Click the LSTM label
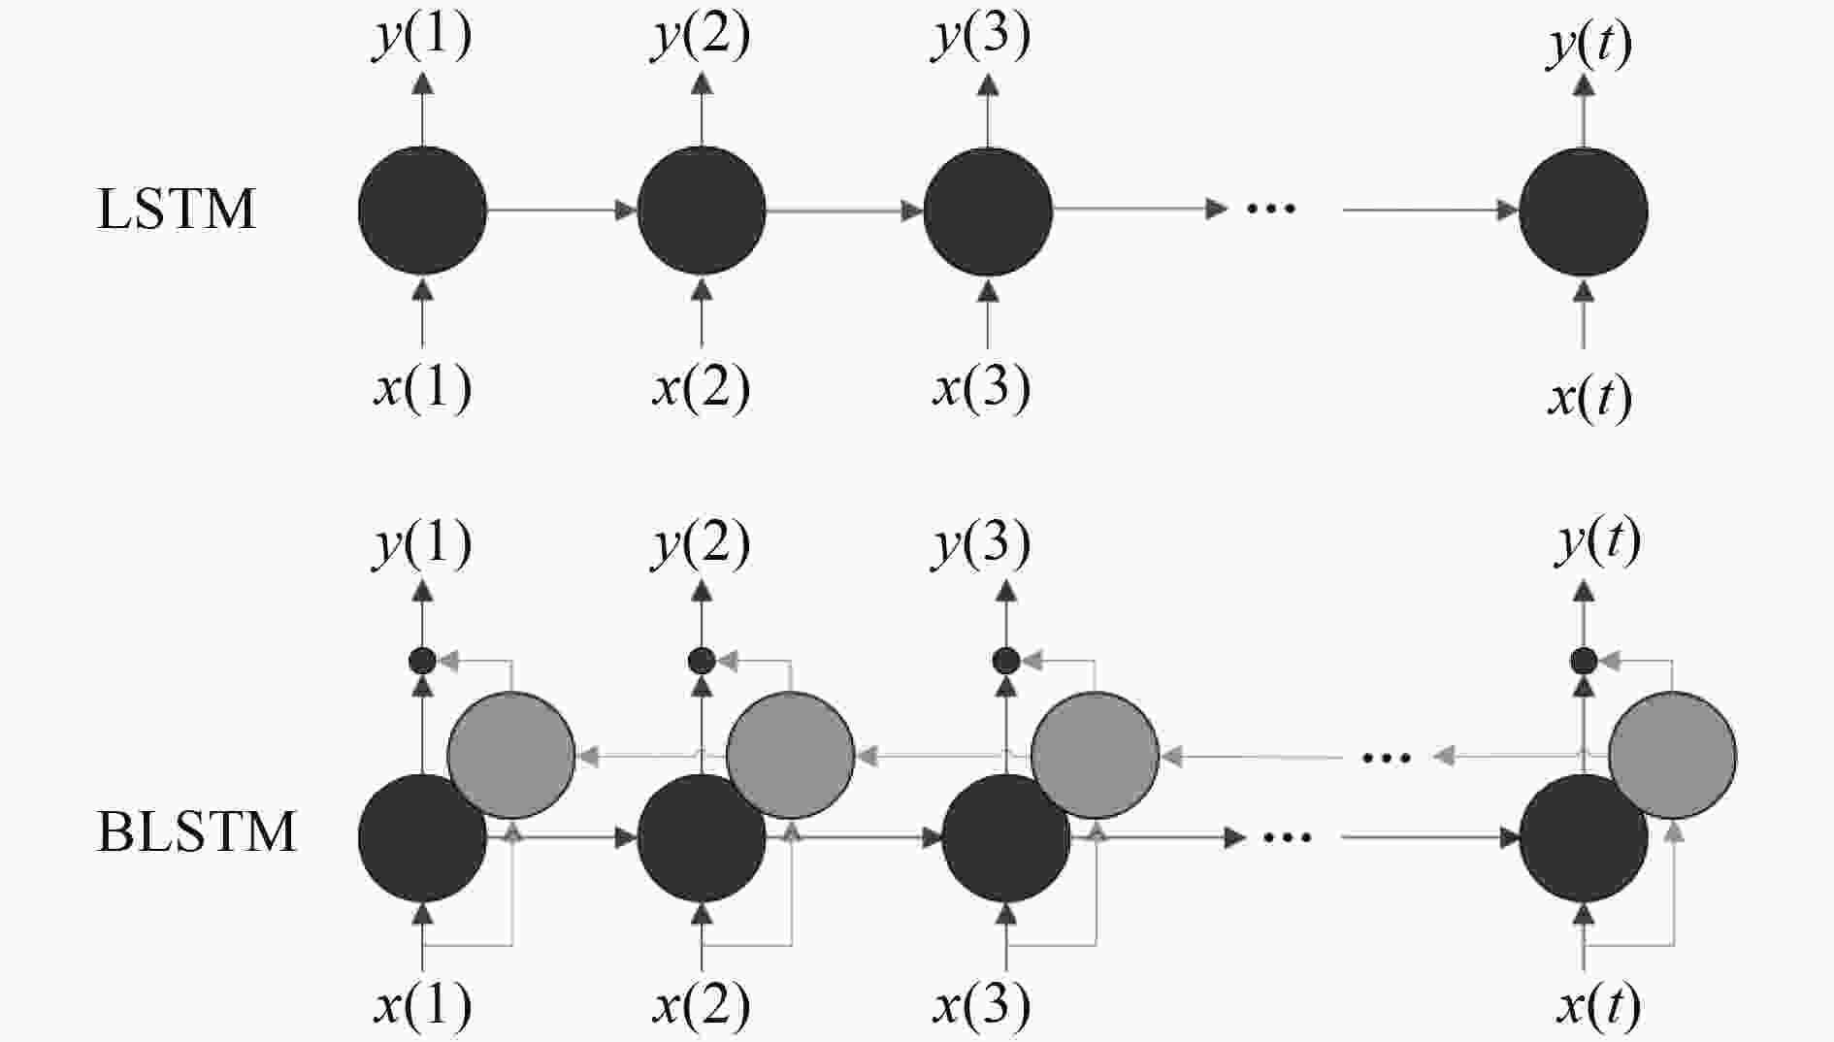click(x=177, y=210)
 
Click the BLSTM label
click(x=196, y=832)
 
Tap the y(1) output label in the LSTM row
click(x=422, y=37)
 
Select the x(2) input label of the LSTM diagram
click(x=701, y=388)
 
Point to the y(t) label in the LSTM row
click(x=1588, y=45)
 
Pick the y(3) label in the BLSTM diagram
click(x=981, y=543)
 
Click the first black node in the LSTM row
click(x=422, y=210)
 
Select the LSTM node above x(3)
click(x=988, y=211)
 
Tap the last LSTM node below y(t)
click(x=1583, y=212)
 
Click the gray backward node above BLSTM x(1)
click(x=511, y=755)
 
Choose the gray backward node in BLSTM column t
click(x=1672, y=755)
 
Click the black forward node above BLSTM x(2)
click(x=701, y=837)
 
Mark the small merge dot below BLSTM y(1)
click(x=422, y=662)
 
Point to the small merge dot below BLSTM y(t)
click(x=1584, y=662)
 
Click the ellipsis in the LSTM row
click(x=1270, y=209)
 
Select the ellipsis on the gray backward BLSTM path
click(x=1386, y=757)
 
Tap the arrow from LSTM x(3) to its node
click(x=988, y=313)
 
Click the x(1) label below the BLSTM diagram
click(x=422, y=1005)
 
